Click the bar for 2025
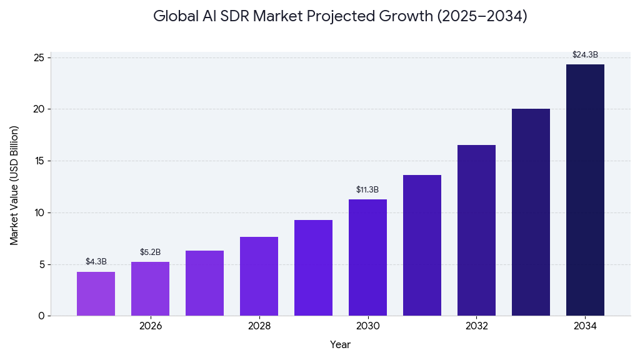96,294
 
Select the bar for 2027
204,283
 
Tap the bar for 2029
313,267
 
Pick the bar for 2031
422,245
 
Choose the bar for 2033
531,212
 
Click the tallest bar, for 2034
585,190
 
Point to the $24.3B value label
585,55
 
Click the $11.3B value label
367,190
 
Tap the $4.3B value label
96,262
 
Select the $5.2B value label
150,252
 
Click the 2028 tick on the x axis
259,326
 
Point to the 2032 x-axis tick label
476,326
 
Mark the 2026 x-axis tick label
150,326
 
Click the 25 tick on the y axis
39,58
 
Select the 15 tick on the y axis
39,161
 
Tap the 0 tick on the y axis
41,316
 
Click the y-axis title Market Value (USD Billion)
14,185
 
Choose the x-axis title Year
340,345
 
